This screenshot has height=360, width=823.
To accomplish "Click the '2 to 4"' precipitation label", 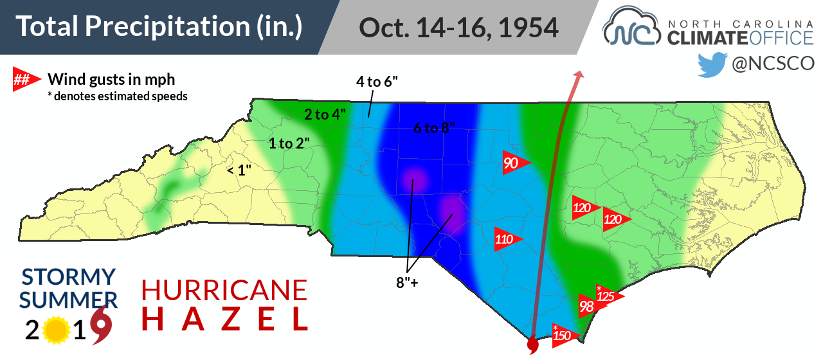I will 325,114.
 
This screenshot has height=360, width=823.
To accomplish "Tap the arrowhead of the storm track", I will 579,75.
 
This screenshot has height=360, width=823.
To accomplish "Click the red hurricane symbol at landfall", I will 532,346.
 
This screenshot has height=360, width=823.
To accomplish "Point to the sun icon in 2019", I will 57,330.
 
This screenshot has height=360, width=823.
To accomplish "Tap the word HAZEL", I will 225,319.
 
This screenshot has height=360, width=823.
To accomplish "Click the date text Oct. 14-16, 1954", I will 458,27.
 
